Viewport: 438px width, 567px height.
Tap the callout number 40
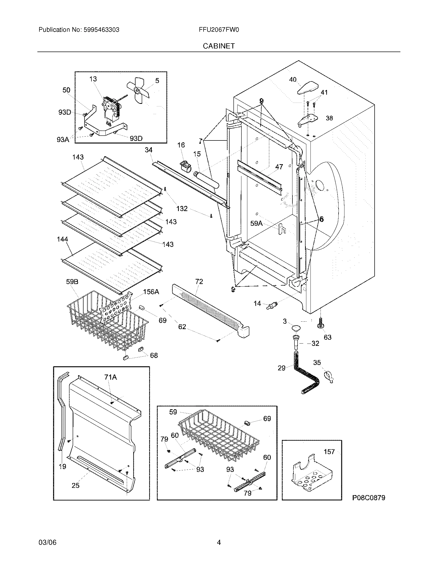pyautogui.click(x=293, y=80)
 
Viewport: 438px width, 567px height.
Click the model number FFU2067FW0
pyautogui.click(x=219, y=30)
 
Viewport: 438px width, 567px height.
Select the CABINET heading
pyautogui.click(x=219, y=46)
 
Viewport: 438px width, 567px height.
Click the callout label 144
pyautogui.click(x=63, y=239)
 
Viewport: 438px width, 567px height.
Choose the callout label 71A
pyautogui.click(x=111, y=377)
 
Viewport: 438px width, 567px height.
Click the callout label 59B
pyautogui.click(x=72, y=282)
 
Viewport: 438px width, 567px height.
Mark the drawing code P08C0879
pyautogui.click(x=368, y=498)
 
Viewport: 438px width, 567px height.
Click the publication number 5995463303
pyautogui.click(x=101, y=30)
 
